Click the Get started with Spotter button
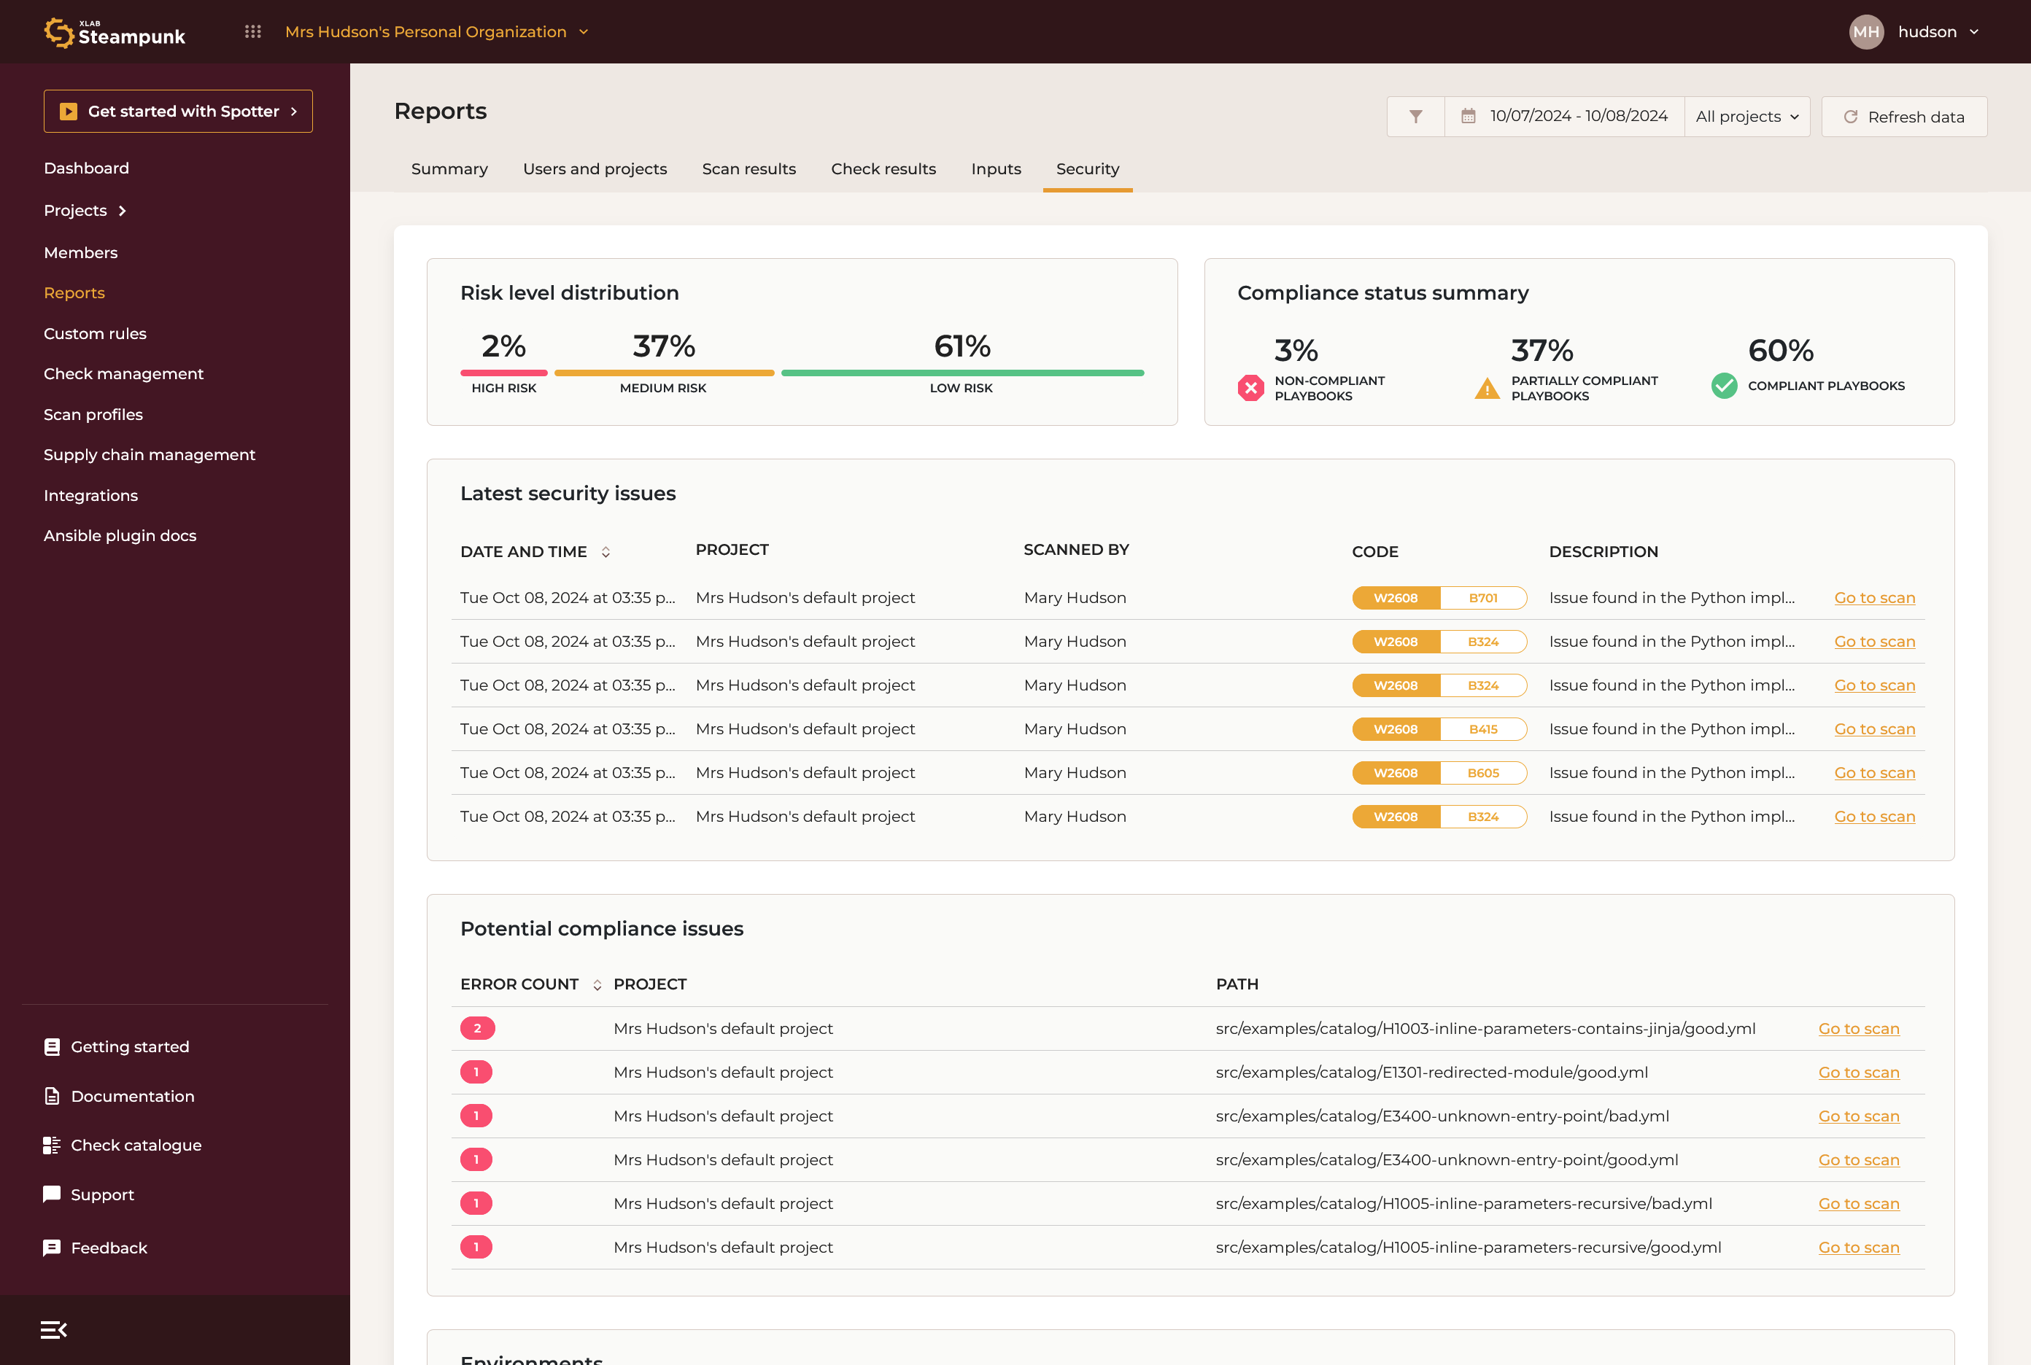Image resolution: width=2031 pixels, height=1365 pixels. click(178, 112)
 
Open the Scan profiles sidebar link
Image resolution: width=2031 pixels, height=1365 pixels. click(93, 414)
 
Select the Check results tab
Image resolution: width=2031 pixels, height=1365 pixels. click(883, 169)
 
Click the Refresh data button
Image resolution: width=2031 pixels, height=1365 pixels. click(1904, 117)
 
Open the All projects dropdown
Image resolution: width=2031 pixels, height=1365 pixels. click(1746, 117)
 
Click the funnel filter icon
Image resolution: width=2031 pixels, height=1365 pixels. click(1415, 117)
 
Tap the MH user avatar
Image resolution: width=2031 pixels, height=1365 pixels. click(1865, 32)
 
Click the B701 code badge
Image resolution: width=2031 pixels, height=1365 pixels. click(1482, 598)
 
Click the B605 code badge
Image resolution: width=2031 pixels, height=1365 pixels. click(1482, 773)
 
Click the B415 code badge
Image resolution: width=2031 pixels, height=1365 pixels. click(1482, 729)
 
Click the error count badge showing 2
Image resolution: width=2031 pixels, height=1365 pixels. click(477, 1028)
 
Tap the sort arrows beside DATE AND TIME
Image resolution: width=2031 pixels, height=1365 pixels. click(606, 552)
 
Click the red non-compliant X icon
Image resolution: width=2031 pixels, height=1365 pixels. click(1250, 387)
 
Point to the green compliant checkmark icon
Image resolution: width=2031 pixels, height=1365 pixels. click(1724, 386)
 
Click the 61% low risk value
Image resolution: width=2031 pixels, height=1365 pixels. click(962, 346)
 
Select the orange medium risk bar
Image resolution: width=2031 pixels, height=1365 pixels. click(664, 373)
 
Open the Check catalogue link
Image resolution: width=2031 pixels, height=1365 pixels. click(135, 1146)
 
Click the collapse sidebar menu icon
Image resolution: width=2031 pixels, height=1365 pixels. click(53, 1329)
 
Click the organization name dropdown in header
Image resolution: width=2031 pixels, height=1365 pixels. click(436, 32)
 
